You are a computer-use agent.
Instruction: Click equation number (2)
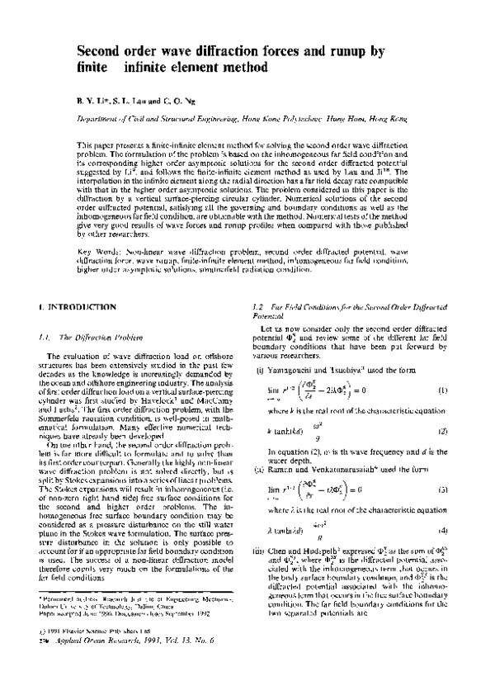[x=442, y=408]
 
